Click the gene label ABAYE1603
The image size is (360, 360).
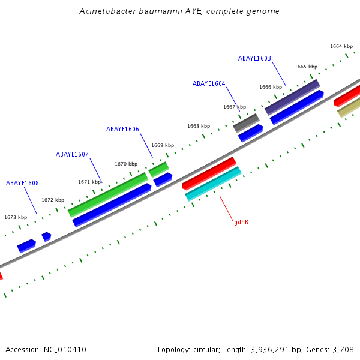tap(254, 58)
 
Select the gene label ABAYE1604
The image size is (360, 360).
tap(209, 83)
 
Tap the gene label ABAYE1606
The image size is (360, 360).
tap(122, 129)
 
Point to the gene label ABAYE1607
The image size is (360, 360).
tap(72, 154)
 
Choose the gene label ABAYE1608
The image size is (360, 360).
tap(22, 183)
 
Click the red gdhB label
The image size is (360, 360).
tap(241, 222)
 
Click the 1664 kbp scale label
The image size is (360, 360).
tap(341, 46)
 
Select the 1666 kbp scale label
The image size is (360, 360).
tap(270, 87)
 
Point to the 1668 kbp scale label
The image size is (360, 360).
tap(198, 126)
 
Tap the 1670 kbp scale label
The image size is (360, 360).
tap(126, 164)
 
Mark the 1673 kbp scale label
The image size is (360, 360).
tap(16, 217)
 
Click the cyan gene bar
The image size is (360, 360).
tap(213, 184)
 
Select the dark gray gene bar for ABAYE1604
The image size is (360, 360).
tap(246, 122)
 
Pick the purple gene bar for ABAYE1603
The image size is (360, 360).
tap(292, 97)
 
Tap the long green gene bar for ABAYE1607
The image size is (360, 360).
tap(108, 194)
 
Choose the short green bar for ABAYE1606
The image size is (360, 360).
tap(158, 169)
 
